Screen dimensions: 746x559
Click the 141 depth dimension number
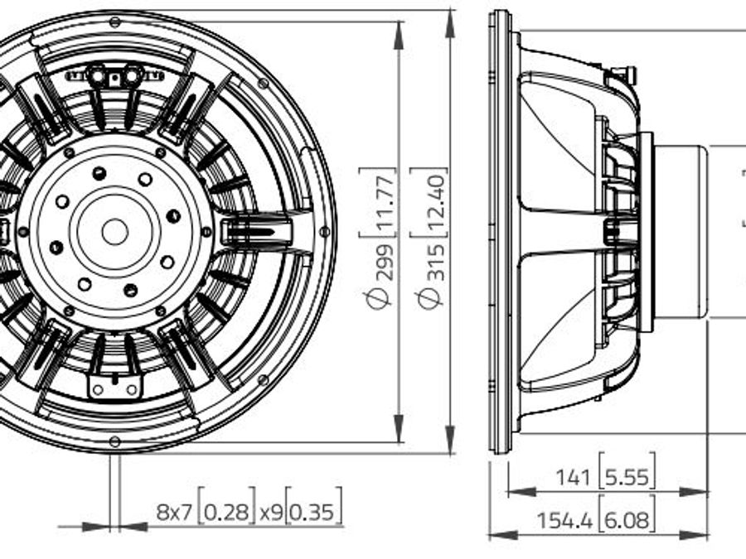574,476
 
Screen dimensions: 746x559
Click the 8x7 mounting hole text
176,513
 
